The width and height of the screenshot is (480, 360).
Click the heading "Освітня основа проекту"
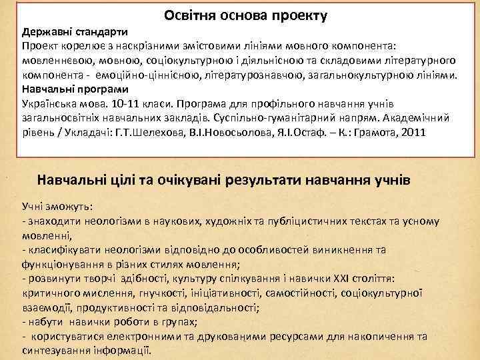pyautogui.click(x=245, y=15)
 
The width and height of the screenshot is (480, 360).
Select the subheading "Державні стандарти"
pyautogui.click(x=75, y=32)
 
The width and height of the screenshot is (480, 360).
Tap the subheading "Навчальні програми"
pyautogui.click(x=75, y=88)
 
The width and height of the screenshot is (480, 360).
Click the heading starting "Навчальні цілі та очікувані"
pyautogui.click(x=223, y=181)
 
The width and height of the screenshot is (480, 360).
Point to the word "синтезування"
pyautogui.click(x=54, y=350)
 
